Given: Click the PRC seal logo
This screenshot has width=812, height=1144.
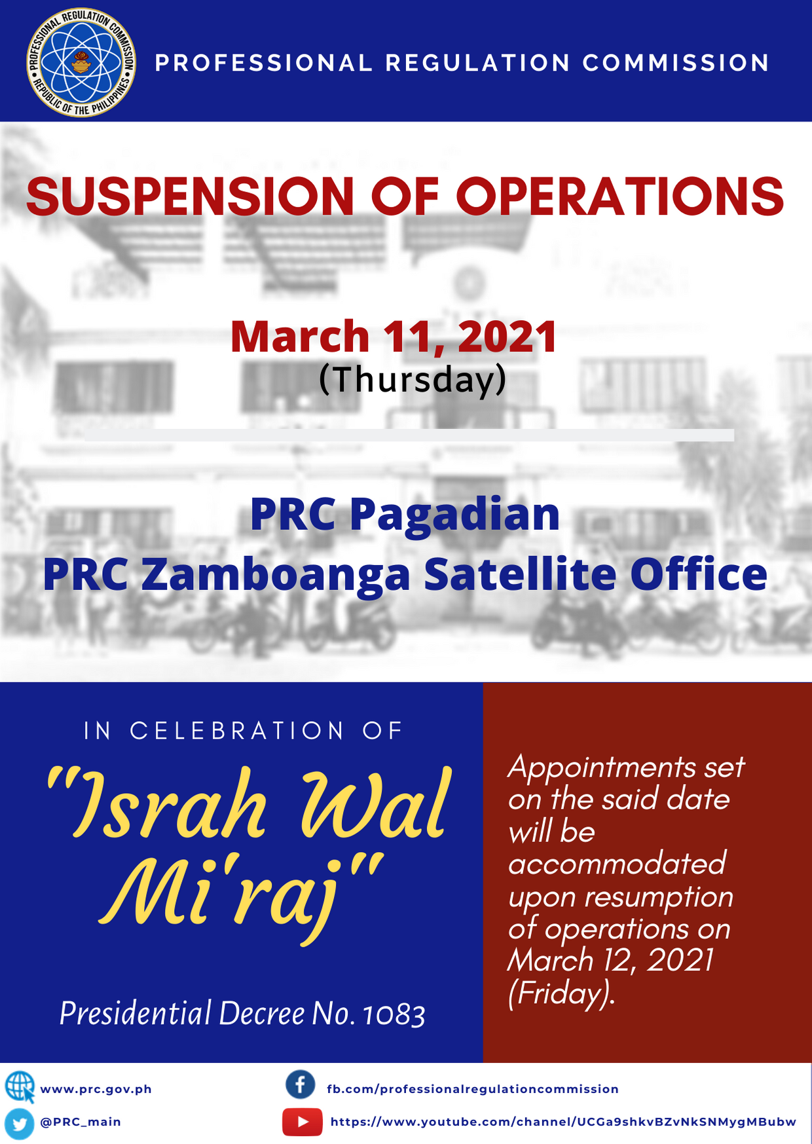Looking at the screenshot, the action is [81, 62].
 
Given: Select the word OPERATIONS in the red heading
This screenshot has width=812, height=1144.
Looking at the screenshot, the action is [619, 196].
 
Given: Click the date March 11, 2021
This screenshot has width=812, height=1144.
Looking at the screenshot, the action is [394, 337].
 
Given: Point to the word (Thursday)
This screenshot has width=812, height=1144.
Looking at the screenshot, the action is [413, 380].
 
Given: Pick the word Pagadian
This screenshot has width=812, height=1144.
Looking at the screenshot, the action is [454, 516].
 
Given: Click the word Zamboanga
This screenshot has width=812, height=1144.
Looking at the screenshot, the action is [276, 574].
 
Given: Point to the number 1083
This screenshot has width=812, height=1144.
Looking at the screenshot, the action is [394, 1014].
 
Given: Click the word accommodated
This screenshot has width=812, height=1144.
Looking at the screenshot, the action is [617, 864].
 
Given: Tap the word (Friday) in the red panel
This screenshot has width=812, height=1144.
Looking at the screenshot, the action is [561, 994].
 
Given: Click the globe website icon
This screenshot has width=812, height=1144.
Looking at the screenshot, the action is [20, 1088].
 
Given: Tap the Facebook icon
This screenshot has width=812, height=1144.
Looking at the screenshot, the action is [301, 1085].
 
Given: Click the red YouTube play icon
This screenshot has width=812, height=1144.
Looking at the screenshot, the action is [303, 1122].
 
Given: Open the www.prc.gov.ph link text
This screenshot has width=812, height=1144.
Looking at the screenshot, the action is [96, 1089].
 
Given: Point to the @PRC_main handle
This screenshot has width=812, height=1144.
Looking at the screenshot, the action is [81, 1122].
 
